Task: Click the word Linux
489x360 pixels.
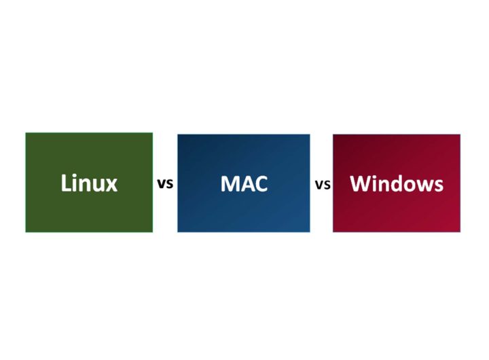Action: click(x=89, y=183)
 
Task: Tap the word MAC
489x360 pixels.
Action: click(x=244, y=184)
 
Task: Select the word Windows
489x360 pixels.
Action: click(x=397, y=183)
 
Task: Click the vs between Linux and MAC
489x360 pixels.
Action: click(x=165, y=184)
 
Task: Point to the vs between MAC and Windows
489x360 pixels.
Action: click(x=323, y=185)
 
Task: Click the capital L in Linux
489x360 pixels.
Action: click(x=65, y=183)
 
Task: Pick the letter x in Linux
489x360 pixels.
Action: click(x=111, y=185)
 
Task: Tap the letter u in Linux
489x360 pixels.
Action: click(x=99, y=185)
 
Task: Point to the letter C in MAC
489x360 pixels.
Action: click(x=261, y=184)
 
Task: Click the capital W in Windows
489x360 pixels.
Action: click(x=361, y=183)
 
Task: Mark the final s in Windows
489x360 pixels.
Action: click(x=439, y=185)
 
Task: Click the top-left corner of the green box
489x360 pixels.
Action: click(x=26, y=133)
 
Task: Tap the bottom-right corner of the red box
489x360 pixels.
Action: click(x=460, y=232)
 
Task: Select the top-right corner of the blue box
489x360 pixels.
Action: click(x=310, y=134)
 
